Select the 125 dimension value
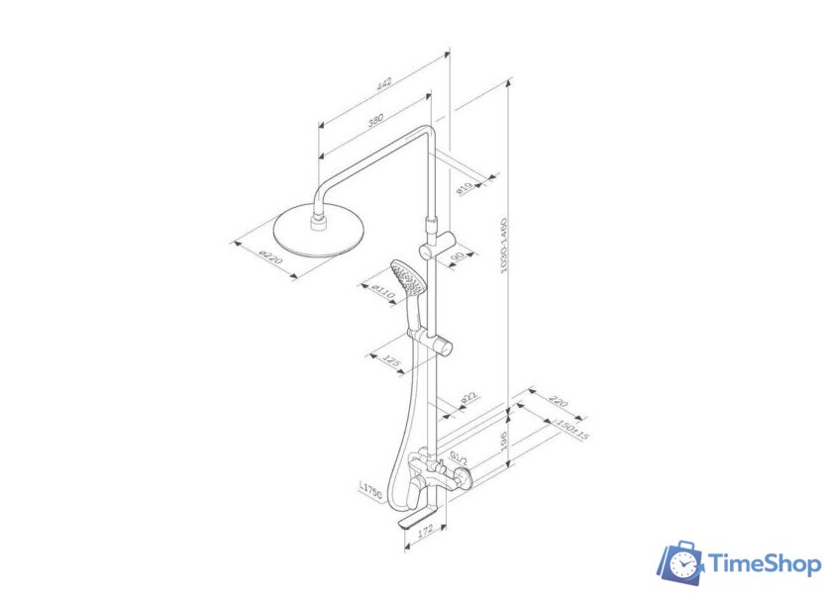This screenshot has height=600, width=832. [x=392, y=363]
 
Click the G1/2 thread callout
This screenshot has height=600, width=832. [x=461, y=458]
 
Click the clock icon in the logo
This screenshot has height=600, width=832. [x=682, y=564]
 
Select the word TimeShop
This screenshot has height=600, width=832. [x=765, y=564]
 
